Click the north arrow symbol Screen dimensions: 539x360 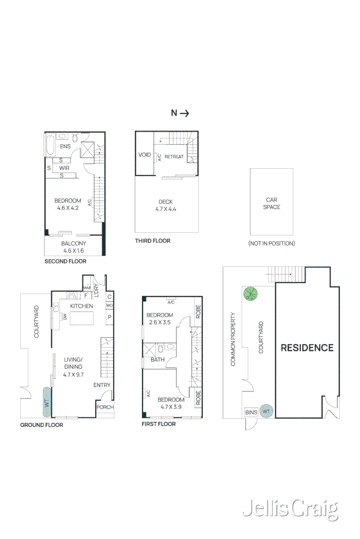pyautogui.click(x=180, y=113)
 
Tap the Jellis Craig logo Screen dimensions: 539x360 pyautogui.click(x=290, y=509)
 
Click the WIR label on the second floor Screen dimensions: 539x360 pyautogui.click(x=64, y=168)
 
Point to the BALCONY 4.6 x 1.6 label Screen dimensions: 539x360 pyautogui.click(x=74, y=247)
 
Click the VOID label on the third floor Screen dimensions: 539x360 pyautogui.click(x=145, y=155)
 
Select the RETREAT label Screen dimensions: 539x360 pyautogui.click(x=174, y=157)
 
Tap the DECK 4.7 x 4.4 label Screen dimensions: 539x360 pyautogui.click(x=166, y=205)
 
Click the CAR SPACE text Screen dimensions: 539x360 pyautogui.click(x=272, y=203)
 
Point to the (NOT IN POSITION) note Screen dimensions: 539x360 pyautogui.click(x=272, y=243)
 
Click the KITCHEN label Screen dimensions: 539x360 pyautogui.click(x=81, y=306)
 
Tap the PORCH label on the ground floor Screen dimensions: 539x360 pyautogui.click(x=105, y=407)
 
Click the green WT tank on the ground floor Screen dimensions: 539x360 pyautogui.click(x=47, y=402)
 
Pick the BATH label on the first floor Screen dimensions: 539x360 pyautogui.click(x=157, y=360)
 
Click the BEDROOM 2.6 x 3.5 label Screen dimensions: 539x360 pyautogui.click(x=159, y=318)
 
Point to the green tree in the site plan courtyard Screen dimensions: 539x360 pyautogui.click(x=250, y=293)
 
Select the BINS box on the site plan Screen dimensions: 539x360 pyautogui.click(x=251, y=412)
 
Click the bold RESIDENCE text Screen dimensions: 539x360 pyautogui.click(x=307, y=348)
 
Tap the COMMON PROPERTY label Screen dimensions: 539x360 pyautogui.click(x=234, y=339)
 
